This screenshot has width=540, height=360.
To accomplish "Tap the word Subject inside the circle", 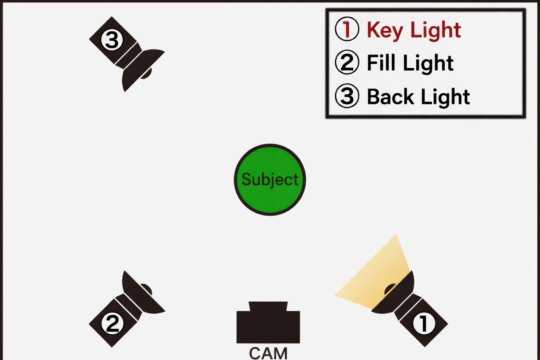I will click(x=270, y=180).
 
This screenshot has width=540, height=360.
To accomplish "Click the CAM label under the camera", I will click(x=268, y=353).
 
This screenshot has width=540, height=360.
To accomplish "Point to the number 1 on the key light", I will click(x=424, y=323).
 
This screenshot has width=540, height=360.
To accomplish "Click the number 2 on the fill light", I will click(x=112, y=323).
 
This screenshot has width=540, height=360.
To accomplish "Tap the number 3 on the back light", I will click(x=112, y=40).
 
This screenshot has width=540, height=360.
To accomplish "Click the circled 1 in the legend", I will click(x=347, y=29).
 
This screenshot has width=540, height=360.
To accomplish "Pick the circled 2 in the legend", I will click(x=347, y=62).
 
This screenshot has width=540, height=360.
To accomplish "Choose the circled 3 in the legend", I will click(x=347, y=96).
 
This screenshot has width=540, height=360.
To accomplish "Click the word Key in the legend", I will click(x=385, y=30).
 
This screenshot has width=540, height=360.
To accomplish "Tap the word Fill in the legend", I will click(x=381, y=63).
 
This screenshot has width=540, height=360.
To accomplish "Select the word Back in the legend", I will click(x=390, y=97).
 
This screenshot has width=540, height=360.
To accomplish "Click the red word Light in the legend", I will click(x=436, y=30).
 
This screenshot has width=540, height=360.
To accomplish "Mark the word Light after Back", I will click(x=445, y=97).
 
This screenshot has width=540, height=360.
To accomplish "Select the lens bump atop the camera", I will click(x=268, y=306).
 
